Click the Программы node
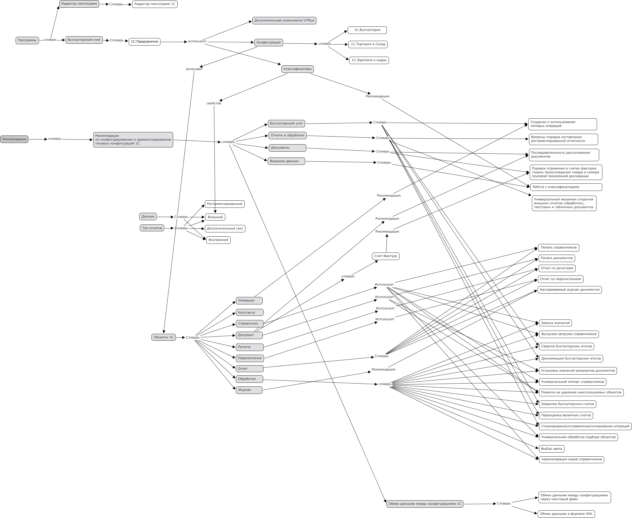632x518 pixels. pyautogui.click(x=27, y=40)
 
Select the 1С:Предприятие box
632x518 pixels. pyautogui.click(x=144, y=42)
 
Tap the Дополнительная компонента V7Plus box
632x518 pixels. pyautogui.click(x=284, y=21)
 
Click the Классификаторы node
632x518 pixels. pyautogui.click(x=298, y=69)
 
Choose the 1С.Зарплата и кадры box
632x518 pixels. pyautogui.click(x=369, y=60)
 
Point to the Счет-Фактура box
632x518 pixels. pyautogui.click(x=386, y=256)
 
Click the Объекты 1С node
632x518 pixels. pyautogui.click(x=164, y=337)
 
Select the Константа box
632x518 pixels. pyautogui.click(x=249, y=312)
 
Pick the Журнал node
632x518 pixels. pyautogui.click(x=249, y=390)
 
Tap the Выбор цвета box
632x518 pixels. pyautogui.click(x=552, y=448)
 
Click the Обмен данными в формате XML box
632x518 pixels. pyautogui.click(x=566, y=514)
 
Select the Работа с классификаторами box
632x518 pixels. pyautogui.click(x=566, y=187)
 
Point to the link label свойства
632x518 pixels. pyautogui.click(x=214, y=103)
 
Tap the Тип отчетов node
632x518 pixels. pyautogui.click(x=152, y=228)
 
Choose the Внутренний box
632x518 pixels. pyautogui.click(x=218, y=240)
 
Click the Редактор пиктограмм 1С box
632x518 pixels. pyautogui.click(x=155, y=4)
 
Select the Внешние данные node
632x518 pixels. pyautogui.click(x=286, y=161)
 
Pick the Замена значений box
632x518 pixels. pyautogui.click(x=555, y=323)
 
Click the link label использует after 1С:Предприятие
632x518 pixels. pyautogui.click(x=197, y=41)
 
